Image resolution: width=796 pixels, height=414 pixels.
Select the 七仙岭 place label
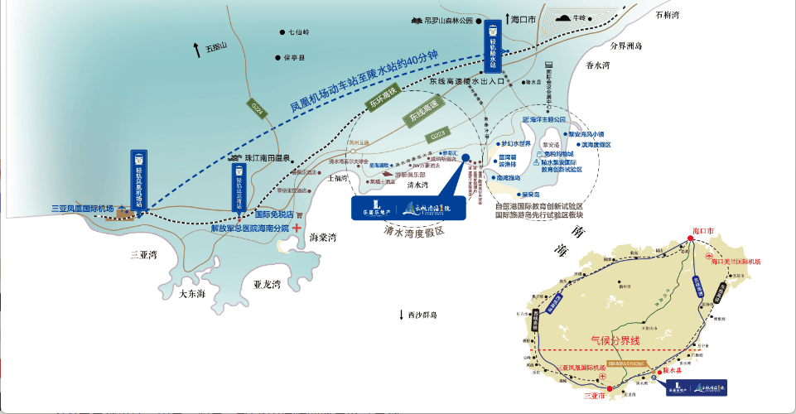[297, 32]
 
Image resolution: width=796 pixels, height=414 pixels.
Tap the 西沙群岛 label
[422, 315]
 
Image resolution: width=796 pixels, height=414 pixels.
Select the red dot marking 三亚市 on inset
[609, 388]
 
